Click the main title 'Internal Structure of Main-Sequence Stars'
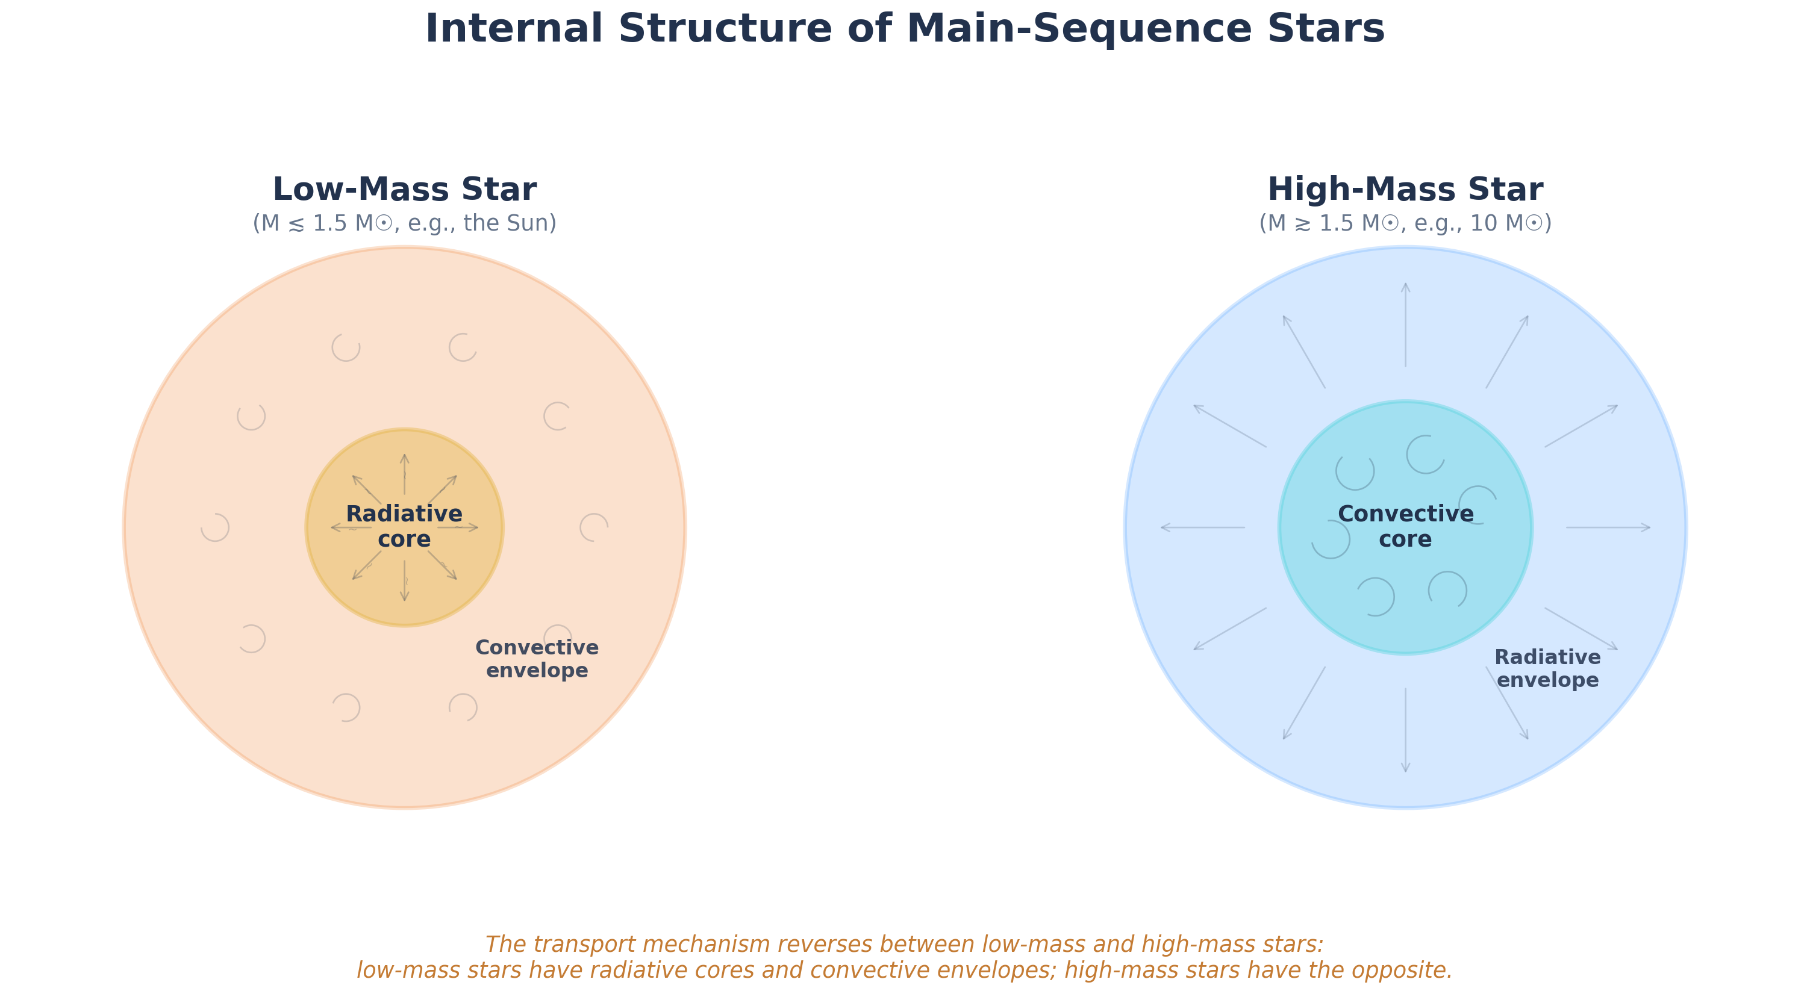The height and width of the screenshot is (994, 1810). [x=905, y=30]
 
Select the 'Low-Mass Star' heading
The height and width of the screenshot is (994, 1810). [x=404, y=190]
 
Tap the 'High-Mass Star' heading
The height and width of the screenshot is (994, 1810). [x=1405, y=190]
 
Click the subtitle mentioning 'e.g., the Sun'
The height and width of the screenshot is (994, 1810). [x=404, y=223]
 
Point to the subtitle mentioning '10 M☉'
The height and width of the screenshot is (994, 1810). [x=1405, y=223]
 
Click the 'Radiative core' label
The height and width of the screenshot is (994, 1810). [x=404, y=526]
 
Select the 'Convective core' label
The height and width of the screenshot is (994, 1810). [x=1405, y=526]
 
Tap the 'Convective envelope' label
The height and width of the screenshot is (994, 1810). [x=537, y=658]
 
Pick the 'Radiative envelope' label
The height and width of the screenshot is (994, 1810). [x=1547, y=668]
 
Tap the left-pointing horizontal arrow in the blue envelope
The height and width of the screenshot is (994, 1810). [x=1202, y=527]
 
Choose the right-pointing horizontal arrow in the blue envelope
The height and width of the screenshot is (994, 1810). [x=1608, y=527]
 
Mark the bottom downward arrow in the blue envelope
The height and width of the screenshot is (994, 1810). [x=1405, y=730]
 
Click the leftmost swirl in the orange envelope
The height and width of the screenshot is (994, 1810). [x=215, y=527]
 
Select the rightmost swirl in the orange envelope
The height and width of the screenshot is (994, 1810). [x=594, y=527]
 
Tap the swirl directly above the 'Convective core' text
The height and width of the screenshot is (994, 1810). [x=1425, y=455]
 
